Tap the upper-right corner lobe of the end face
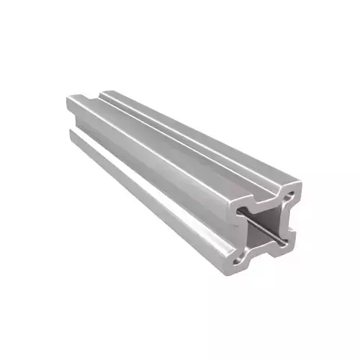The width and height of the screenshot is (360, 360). (x=292, y=189)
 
